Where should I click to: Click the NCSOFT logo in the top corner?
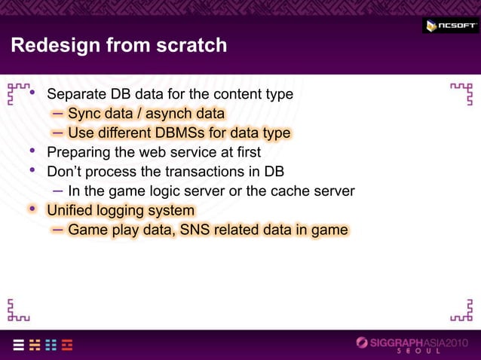coord(449,26)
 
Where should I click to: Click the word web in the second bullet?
coord(156,153)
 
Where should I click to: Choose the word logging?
coord(125,210)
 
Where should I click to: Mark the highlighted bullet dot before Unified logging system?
coord(32,209)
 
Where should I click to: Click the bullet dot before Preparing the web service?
coord(32,151)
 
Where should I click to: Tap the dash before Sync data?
coord(58,114)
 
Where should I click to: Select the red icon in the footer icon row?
coord(68,344)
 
